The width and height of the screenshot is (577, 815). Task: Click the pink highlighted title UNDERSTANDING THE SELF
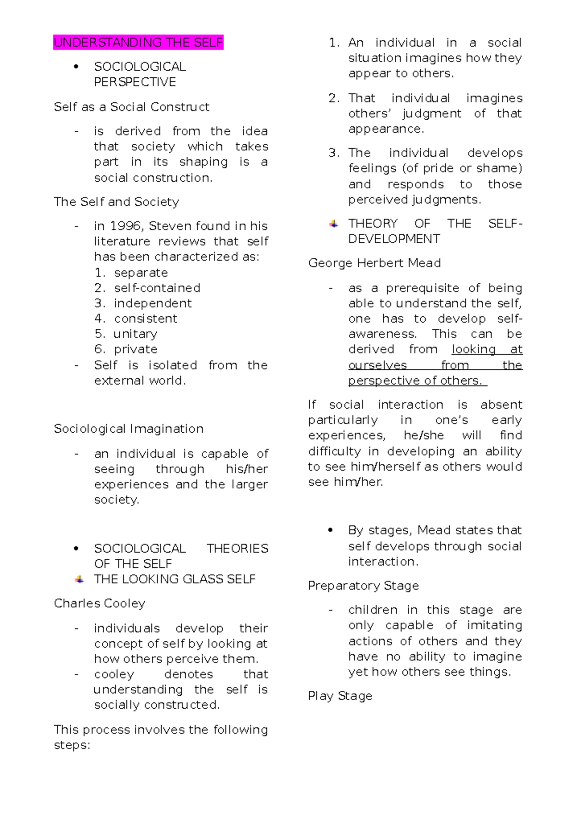tap(138, 42)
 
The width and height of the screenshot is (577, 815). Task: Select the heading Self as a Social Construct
tap(131, 107)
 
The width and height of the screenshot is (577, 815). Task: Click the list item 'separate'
tap(141, 273)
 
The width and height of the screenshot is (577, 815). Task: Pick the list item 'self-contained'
tap(157, 288)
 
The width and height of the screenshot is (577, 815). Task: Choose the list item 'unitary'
tap(135, 334)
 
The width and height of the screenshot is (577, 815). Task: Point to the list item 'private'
tap(136, 349)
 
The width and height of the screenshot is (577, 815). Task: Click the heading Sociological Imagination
tap(128, 428)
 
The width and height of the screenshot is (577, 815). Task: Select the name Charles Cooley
tap(100, 603)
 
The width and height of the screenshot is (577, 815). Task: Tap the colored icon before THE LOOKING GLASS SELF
tap(80, 579)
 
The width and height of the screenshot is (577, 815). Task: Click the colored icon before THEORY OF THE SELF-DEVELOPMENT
tap(334, 224)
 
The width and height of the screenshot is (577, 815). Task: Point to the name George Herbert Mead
tap(374, 263)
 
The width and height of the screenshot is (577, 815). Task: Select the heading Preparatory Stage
tap(363, 586)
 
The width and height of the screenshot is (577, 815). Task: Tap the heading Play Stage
tap(340, 696)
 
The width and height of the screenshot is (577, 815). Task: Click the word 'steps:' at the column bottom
tap(72, 745)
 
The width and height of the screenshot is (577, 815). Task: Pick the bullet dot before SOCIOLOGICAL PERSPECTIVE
tap(76, 67)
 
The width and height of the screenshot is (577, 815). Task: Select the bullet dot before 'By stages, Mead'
tap(330, 530)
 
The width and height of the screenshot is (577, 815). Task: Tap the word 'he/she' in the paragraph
tap(424, 435)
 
